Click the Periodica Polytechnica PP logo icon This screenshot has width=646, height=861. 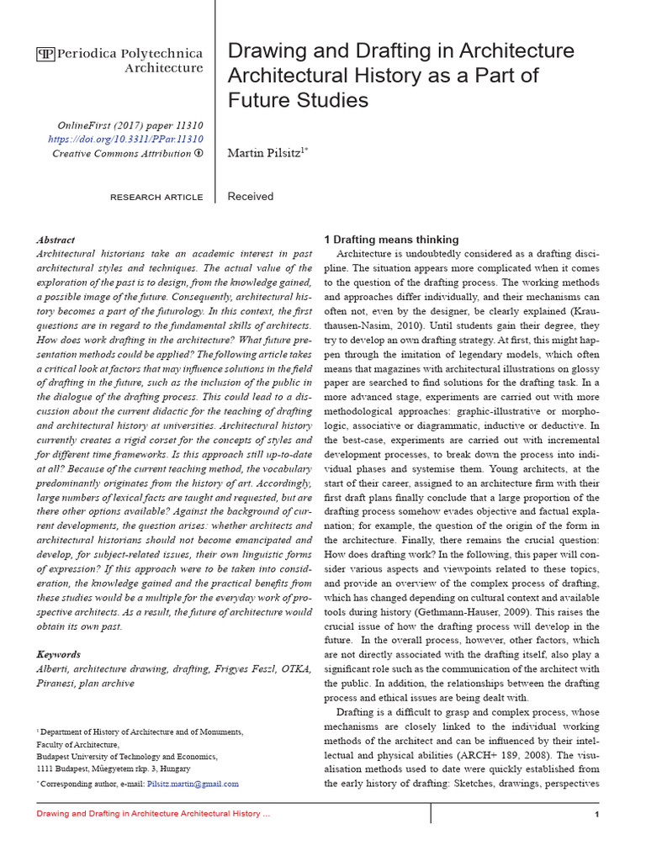(45, 55)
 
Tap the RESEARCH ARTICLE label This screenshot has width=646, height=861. (156, 198)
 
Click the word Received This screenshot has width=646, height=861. (251, 197)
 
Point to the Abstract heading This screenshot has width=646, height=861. (56, 240)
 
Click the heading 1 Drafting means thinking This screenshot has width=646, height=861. (391, 240)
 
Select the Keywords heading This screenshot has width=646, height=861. (59, 654)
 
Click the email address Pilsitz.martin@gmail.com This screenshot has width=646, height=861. (193, 784)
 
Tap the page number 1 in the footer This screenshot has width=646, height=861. (596, 816)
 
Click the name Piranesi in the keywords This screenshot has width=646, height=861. (59, 684)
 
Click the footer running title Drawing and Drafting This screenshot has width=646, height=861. (151, 815)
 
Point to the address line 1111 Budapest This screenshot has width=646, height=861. (113, 769)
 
